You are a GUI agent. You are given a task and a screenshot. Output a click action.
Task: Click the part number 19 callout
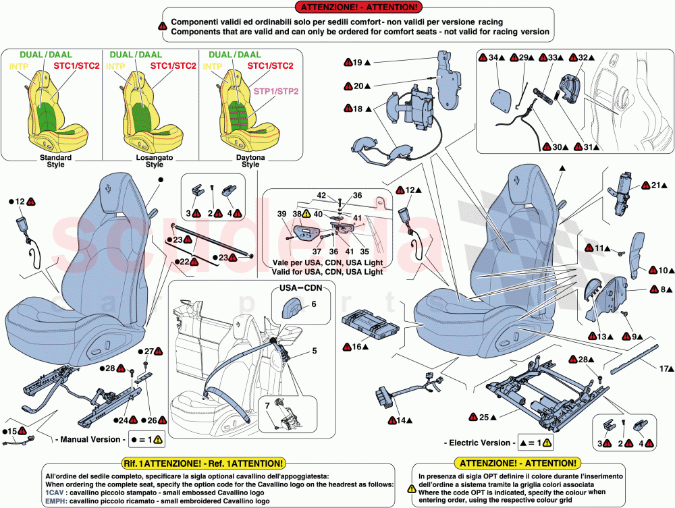click(358, 63)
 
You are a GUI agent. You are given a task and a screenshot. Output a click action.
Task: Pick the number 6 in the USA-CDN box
click(313, 304)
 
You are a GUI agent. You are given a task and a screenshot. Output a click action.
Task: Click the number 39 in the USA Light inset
click(282, 214)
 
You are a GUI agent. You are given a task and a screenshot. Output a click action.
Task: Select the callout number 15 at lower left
click(11, 431)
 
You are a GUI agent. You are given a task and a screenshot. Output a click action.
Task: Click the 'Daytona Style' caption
click(250, 161)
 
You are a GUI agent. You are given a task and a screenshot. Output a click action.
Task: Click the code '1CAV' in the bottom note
click(56, 493)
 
